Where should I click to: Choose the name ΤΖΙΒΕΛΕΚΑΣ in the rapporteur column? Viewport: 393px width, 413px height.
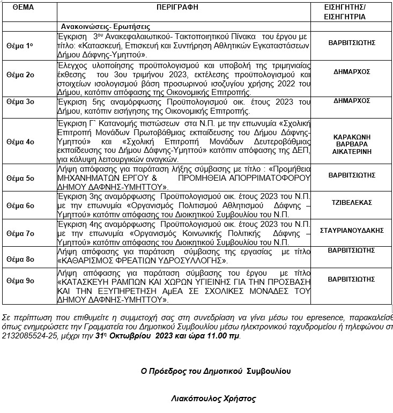pos(352,203)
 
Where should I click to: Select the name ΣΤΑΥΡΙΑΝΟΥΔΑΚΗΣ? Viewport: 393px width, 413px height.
pos(352,230)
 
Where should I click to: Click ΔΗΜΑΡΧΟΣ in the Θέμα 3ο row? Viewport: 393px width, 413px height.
pos(352,100)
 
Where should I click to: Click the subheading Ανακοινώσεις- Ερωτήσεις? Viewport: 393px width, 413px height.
pos(105,26)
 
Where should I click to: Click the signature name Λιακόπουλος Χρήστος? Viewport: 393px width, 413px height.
pos(213,399)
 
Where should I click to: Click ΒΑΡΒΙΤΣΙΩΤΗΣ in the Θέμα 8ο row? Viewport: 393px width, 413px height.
pos(352,250)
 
